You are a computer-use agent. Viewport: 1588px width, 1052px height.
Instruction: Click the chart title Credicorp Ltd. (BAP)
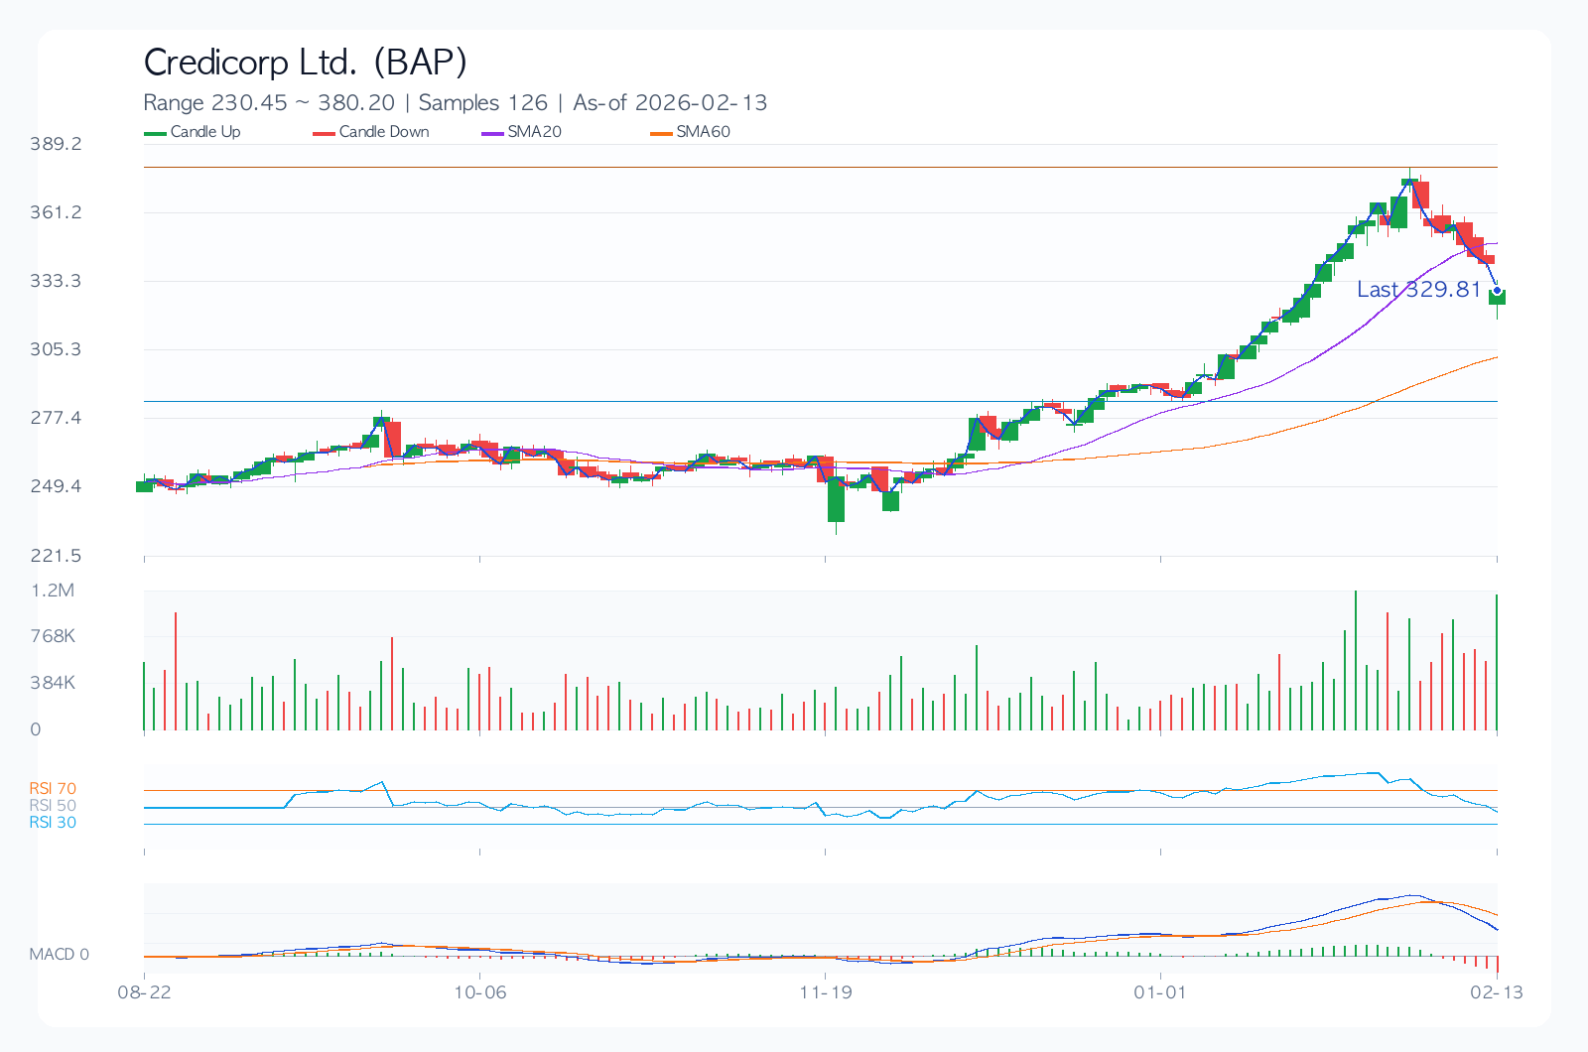305,63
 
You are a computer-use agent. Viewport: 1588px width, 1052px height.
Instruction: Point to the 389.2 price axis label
56,144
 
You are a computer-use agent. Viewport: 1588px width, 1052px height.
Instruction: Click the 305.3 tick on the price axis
56,349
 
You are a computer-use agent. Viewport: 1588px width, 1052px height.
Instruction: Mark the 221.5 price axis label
56,556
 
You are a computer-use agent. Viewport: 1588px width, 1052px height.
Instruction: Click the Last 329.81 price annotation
1418,290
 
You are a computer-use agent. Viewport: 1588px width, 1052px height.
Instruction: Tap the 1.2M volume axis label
53,591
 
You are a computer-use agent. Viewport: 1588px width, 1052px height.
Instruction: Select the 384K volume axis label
53,683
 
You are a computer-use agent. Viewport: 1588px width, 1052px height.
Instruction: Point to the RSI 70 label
53,789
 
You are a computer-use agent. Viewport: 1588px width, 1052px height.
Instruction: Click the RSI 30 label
53,823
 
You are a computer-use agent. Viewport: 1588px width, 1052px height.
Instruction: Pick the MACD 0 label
59,955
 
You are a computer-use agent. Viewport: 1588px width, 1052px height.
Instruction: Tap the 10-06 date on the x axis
479,992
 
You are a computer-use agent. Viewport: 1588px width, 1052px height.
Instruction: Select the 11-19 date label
826,992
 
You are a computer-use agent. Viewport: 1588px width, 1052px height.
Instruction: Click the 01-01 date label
1160,992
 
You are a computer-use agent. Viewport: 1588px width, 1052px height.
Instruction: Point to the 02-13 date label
1497,992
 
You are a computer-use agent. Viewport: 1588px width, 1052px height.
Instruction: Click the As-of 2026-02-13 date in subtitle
670,103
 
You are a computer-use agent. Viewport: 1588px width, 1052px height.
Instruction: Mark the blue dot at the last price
1497,291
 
